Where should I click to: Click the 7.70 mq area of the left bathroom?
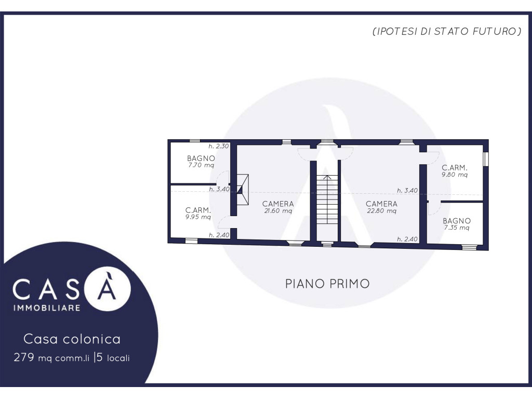[x=201, y=166]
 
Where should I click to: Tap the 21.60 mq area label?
[x=278, y=211]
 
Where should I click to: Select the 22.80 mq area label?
[x=382, y=211]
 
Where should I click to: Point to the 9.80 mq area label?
[x=455, y=175]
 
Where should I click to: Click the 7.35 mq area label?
[x=457, y=228]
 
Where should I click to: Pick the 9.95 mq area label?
[x=198, y=217]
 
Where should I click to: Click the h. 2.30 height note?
[x=219, y=146]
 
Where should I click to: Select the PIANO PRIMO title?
[x=327, y=284]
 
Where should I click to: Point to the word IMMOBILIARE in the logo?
[x=47, y=308]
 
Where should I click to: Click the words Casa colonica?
[x=72, y=339]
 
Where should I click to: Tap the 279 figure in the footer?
[x=23, y=357]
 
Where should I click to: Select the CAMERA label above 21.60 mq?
[x=278, y=204]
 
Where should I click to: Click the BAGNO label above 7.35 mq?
[x=457, y=221]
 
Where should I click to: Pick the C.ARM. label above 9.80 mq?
[x=455, y=168]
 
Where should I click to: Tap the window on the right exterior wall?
[x=486, y=159]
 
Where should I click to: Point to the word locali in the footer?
[x=118, y=358]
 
